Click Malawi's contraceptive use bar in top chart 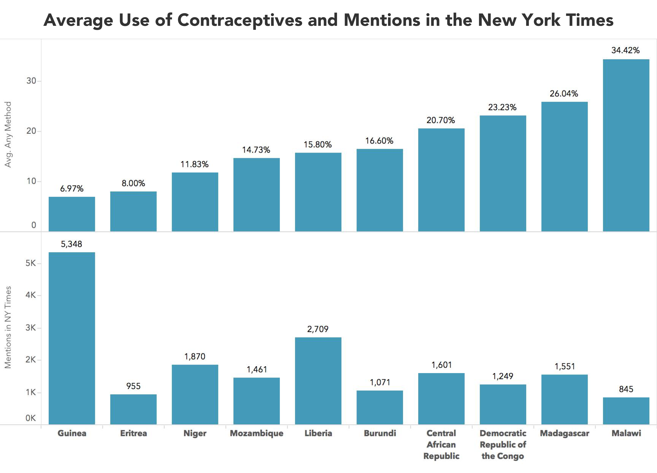(x=626, y=145)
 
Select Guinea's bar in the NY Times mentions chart (x=72, y=338)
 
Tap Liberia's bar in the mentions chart (x=318, y=381)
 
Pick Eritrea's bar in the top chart (x=133, y=211)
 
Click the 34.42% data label (x=626, y=50)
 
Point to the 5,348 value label (x=71, y=244)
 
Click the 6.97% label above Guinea (x=71, y=189)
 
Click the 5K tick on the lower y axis (x=31, y=263)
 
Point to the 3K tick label (x=31, y=328)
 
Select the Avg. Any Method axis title (x=8, y=134)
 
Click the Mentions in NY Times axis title (x=8, y=327)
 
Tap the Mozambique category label (x=257, y=433)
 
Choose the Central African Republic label (x=441, y=445)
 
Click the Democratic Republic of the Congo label (x=503, y=445)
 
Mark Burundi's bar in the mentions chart (x=380, y=408)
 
